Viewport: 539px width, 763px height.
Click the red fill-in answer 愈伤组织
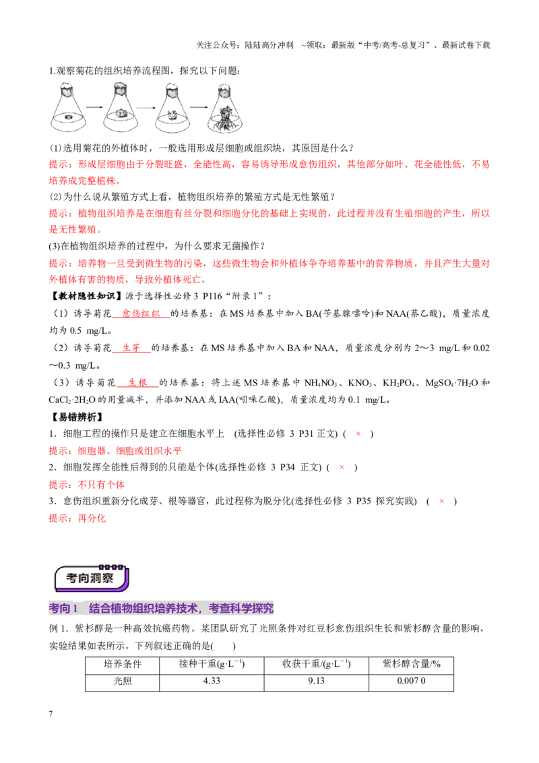coord(141,313)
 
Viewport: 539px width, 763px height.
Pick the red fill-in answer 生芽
coord(131,348)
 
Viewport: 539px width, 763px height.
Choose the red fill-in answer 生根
coord(137,382)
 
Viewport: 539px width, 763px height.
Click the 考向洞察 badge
coord(92,578)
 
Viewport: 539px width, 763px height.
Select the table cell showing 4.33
coord(212,681)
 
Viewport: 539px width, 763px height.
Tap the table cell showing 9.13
coord(316,681)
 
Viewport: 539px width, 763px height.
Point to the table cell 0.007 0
coord(411,681)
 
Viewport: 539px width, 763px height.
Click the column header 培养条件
coord(123,664)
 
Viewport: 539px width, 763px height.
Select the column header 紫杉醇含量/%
coord(412,664)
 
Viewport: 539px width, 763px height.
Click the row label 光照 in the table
coord(123,681)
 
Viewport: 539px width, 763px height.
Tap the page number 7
coord(51,714)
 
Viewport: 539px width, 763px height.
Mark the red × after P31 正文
coord(358,433)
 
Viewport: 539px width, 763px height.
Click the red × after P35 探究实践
coord(441,501)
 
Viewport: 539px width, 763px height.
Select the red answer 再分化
coord(92,518)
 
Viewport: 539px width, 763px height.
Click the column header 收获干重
coord(316,664)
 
